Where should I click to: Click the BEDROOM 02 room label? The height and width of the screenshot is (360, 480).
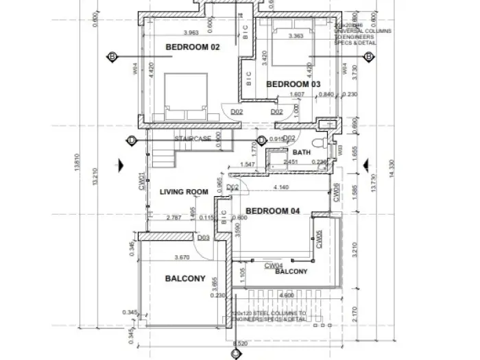[193, 47]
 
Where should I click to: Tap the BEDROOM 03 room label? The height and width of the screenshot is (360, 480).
[293, 84]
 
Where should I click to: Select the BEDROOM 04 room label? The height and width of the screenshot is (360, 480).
[272, 211]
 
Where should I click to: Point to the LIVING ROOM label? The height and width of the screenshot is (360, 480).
[184, 192]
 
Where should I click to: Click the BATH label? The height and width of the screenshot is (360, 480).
[302, 152]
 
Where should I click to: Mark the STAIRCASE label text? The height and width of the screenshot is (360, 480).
[192, 139]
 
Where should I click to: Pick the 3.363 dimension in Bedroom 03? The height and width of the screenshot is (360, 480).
[297, 36]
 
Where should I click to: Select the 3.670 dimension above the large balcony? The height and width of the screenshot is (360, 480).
[182, 258]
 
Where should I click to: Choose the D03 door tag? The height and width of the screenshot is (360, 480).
[203, 238]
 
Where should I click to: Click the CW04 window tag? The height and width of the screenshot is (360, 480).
[274, 265]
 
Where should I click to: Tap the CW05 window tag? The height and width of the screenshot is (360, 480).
[318, 237]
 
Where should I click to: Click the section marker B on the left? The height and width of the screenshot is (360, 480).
[111, 56]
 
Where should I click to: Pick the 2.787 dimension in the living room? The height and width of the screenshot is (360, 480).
[173, 219]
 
